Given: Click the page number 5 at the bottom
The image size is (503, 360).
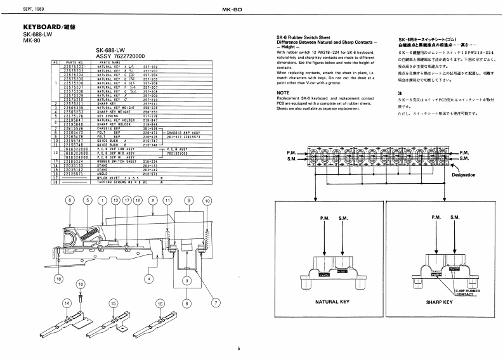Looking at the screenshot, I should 239,348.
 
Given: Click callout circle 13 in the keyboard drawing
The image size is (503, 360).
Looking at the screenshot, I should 115,200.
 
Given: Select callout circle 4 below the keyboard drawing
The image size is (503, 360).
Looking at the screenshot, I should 147,278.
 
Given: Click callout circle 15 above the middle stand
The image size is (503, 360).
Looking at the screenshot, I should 114,304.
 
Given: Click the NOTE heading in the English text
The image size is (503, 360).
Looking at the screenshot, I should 283,93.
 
